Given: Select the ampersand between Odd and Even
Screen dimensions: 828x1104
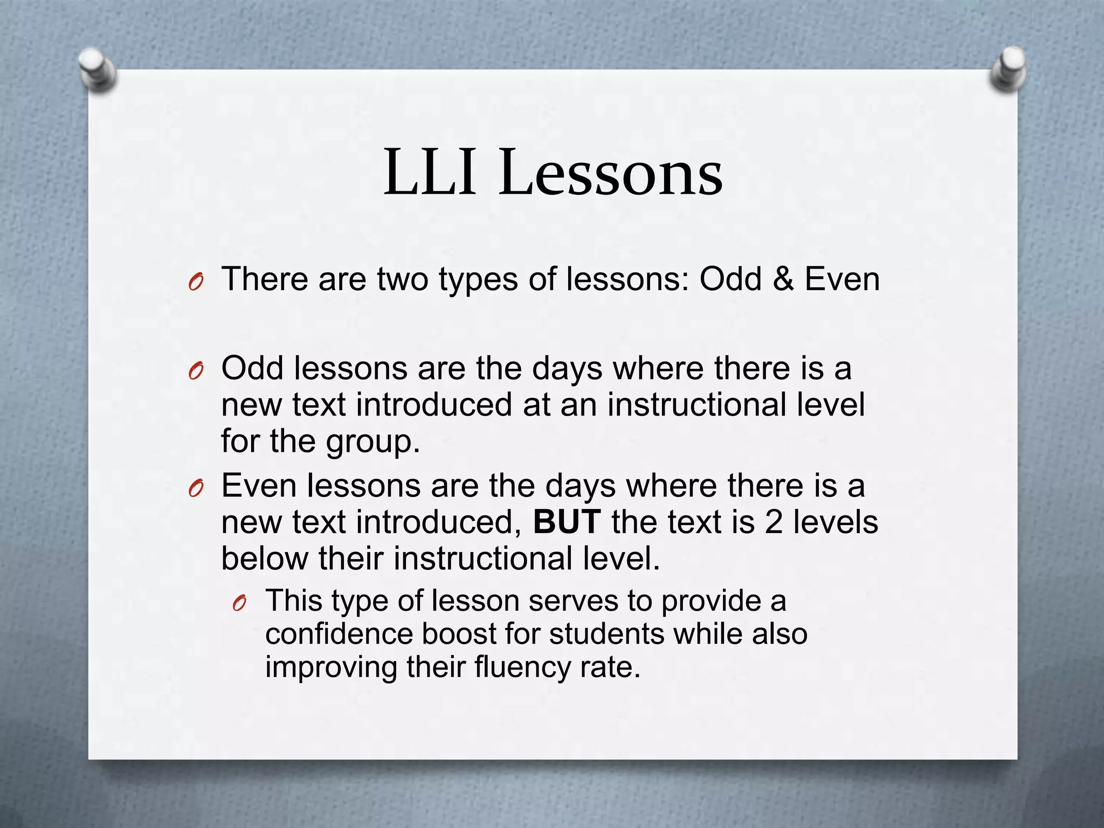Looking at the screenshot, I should point(783,279).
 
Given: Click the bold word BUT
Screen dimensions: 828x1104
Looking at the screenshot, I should point(567,522).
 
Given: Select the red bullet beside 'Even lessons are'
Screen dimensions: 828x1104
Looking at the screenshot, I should point(196,488).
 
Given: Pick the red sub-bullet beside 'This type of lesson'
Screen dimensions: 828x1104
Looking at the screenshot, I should point(239,604).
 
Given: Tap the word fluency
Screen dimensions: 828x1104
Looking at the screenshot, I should point(522,667).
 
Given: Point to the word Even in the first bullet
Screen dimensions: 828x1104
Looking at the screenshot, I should point(842,279).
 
